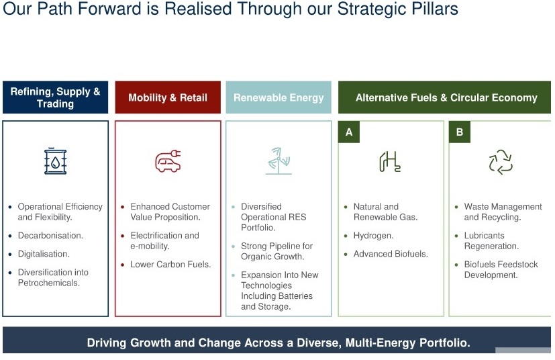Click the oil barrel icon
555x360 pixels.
click(55, 161)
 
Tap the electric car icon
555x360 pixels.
click(168, 161)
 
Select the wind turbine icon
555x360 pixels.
click(279, 161)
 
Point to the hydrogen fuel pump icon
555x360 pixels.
click(390, 162)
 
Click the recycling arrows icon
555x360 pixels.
click(501, 162)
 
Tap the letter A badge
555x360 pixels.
click(349, 132)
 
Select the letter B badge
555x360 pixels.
click(460, 132)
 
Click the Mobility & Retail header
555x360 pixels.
click(168, 97)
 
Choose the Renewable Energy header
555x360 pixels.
click(279, 97)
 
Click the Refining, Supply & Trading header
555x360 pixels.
click(55, 97)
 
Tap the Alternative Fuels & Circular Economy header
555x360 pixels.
click(444, 97)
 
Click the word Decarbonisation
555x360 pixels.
click(50, 236)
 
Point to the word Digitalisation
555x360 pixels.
click(44, 254)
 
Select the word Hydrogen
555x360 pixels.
click(373, 236)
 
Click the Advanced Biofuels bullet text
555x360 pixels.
click(391, 254)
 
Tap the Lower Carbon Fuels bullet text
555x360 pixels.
click(170, 265)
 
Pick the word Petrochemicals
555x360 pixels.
click(49, 283)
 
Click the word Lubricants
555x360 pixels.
click(485, 236)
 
